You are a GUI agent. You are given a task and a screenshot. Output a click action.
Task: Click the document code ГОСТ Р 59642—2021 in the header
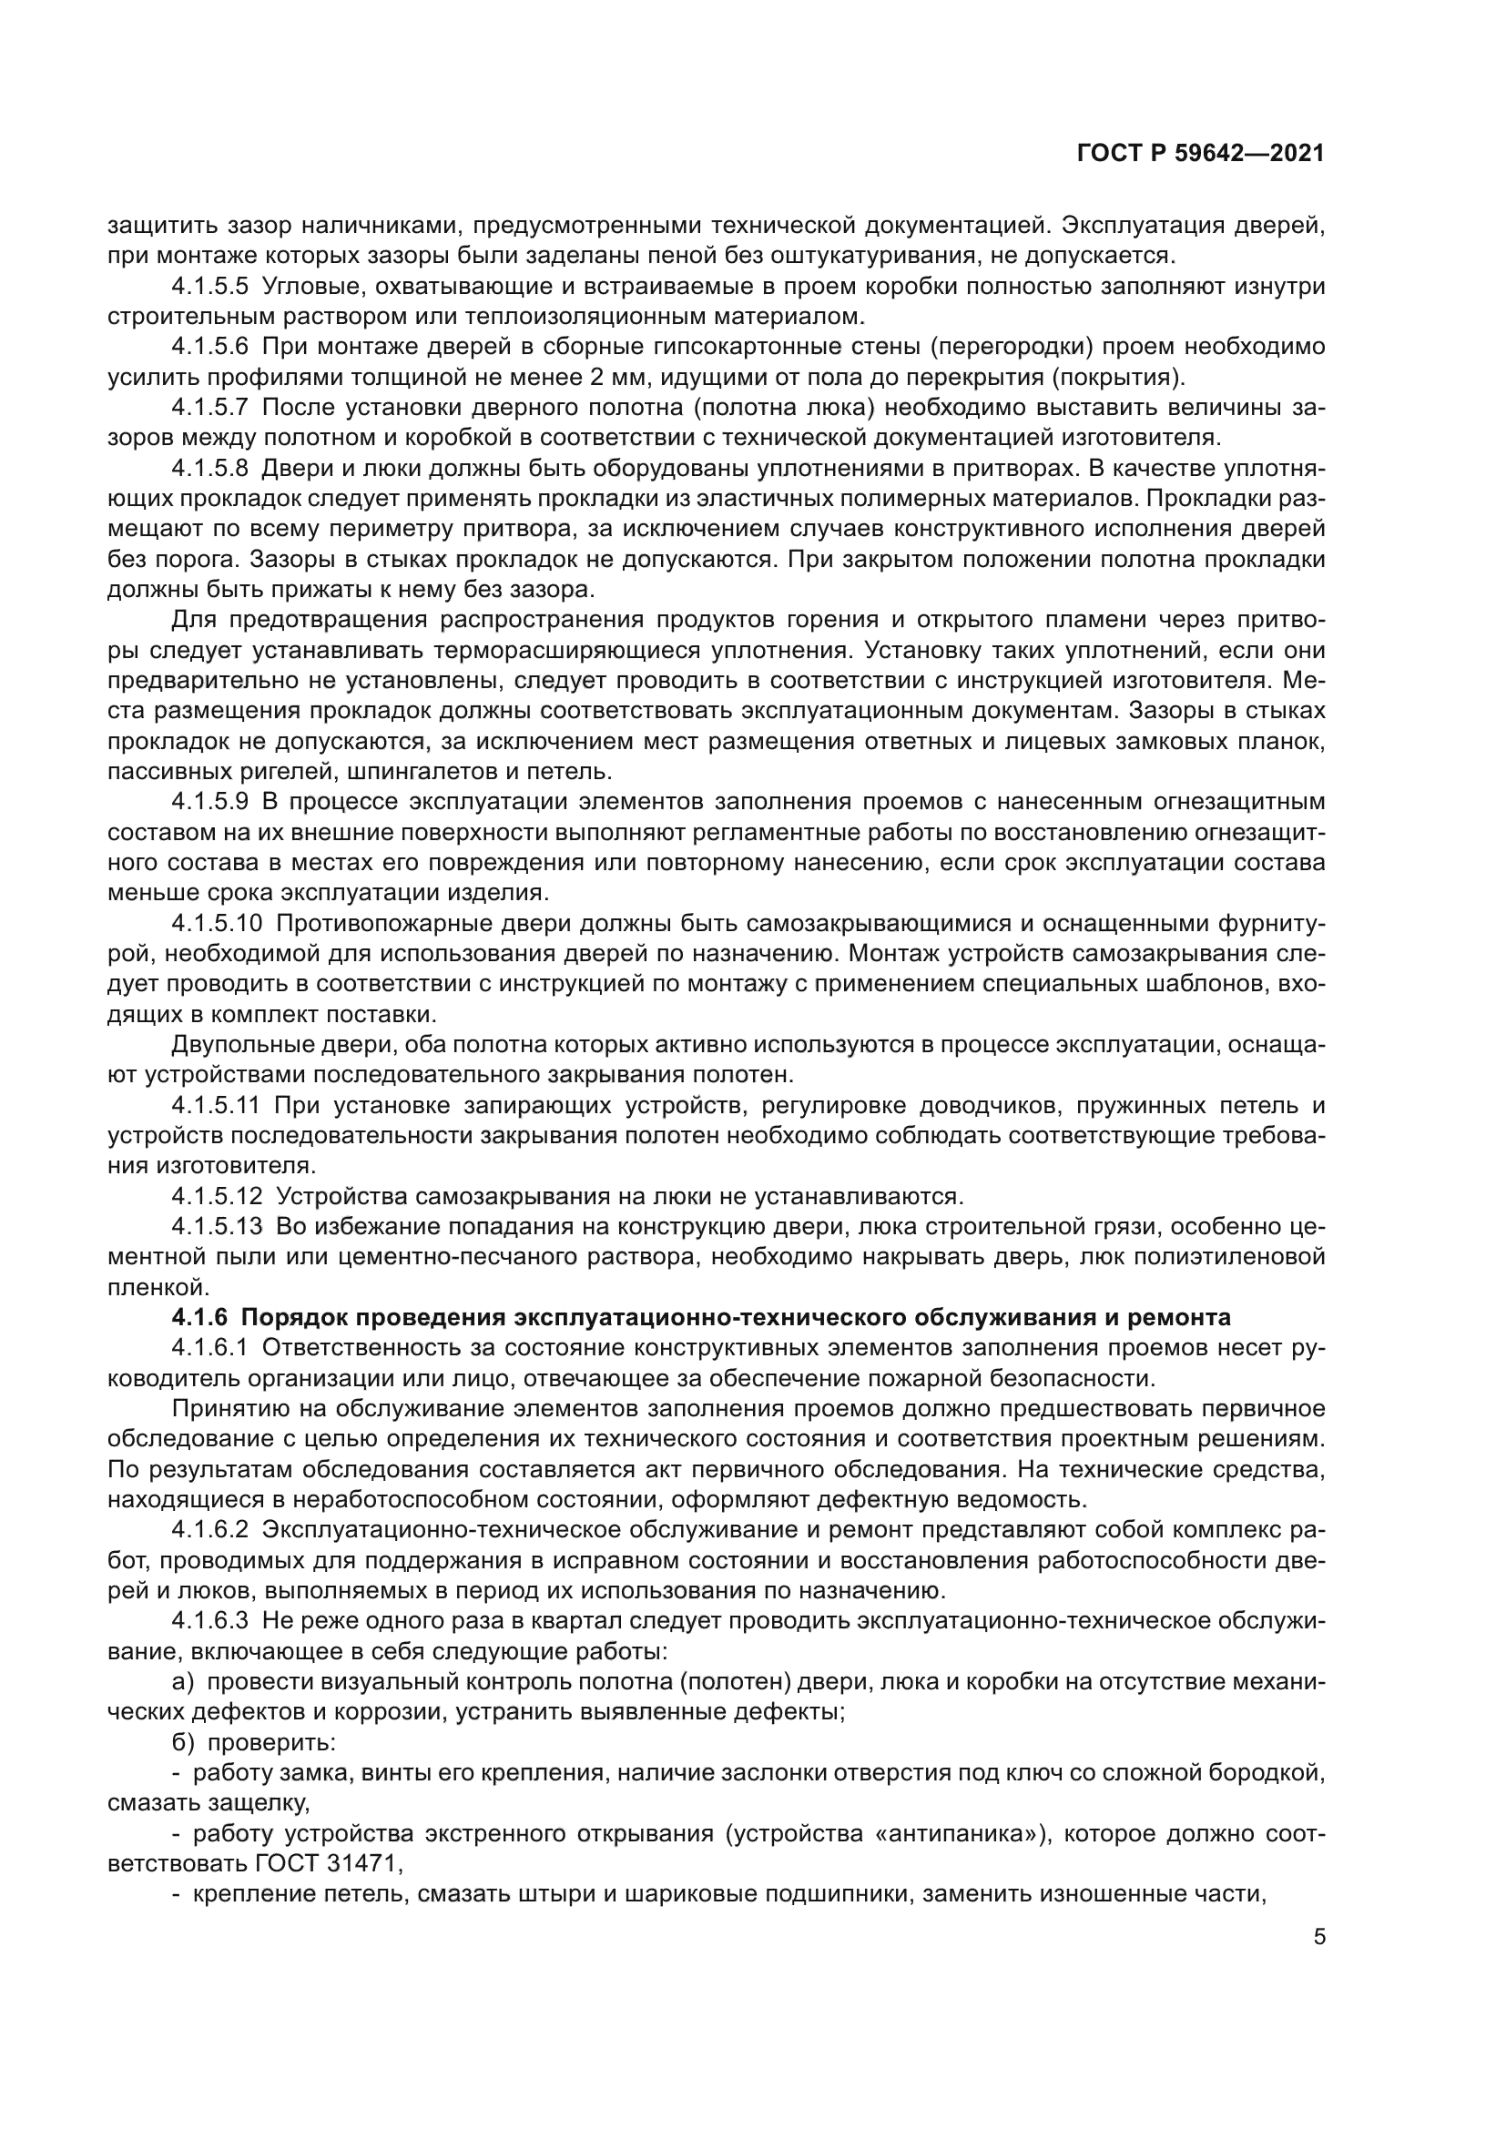(1200, 154)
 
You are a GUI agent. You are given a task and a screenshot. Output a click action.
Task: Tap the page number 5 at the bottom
(1318, 1938)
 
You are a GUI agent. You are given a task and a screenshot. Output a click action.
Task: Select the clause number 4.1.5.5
(210, 287)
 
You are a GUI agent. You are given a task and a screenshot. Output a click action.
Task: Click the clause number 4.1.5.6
(210, 347)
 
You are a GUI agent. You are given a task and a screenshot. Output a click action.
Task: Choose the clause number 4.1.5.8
(210, 468)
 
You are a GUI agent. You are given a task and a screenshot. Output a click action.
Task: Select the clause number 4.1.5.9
(210, 802)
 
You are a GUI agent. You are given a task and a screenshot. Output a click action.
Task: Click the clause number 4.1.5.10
(217, 924)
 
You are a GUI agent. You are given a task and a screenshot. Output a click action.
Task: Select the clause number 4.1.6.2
(210, 1531)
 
